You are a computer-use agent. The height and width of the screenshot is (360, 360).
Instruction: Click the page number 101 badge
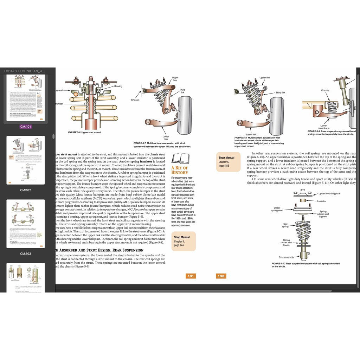(191, 276)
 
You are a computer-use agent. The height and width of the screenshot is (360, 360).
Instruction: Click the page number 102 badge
(221, 276)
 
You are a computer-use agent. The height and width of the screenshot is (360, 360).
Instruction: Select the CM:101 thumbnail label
(25, 127)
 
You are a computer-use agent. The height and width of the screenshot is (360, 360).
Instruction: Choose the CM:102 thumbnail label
(25, 190)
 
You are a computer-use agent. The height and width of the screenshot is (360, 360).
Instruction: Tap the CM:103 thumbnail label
(25, 253)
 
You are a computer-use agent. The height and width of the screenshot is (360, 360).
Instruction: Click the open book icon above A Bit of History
(180, 159)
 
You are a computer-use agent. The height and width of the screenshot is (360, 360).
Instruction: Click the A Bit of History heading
(180, 170)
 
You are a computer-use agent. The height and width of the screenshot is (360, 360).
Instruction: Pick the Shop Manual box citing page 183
(228, 162)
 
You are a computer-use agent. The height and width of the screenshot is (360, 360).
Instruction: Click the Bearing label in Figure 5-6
(118, 86)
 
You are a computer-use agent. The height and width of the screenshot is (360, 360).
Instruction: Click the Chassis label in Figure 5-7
(135, 100)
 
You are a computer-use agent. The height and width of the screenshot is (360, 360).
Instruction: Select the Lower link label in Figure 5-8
(251, 134)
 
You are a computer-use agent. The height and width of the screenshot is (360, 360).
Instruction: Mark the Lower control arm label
(324, 127)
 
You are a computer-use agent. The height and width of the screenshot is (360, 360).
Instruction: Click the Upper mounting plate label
(329, 193)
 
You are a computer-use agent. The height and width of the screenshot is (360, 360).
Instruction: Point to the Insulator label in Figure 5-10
(322, 201)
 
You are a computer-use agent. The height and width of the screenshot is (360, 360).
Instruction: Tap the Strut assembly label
(286, 257)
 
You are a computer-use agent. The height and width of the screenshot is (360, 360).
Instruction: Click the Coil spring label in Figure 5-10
(286, 225)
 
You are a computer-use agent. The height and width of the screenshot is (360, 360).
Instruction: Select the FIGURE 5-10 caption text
(305, 265)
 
